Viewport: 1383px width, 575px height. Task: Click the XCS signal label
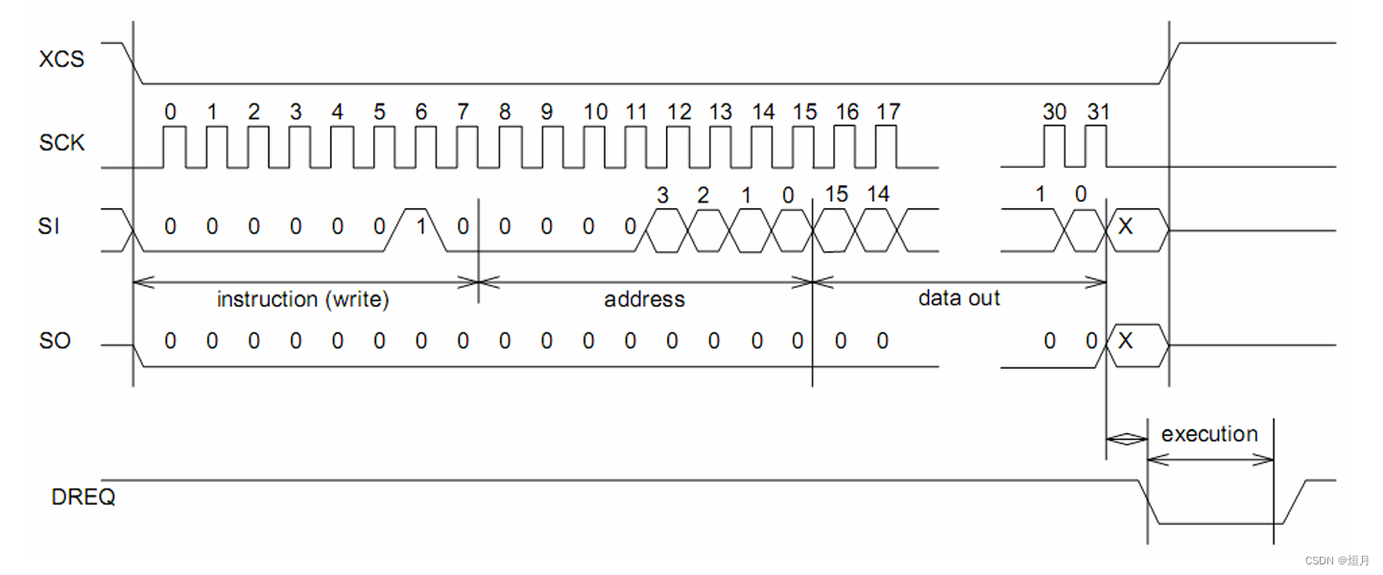point(61,60)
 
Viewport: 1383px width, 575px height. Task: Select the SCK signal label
point(61,143)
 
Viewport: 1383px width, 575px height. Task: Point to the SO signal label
point(55,341)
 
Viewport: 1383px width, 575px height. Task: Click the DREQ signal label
point(83,497)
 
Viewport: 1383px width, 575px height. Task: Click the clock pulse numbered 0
point(171,144)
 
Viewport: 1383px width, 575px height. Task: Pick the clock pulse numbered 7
point(464,144)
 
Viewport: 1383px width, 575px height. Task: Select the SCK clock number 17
point(888,112)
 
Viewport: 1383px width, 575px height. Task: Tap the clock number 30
point(1054,112)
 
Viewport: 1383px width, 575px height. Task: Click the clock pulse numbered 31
point(1097,144)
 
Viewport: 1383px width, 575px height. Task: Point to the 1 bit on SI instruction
point(420,227)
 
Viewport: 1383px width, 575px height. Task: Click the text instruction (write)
point(303,299)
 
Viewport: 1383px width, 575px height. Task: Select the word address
point(644,299)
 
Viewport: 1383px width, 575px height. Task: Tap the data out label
point(959,298)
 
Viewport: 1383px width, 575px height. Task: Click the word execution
point(1209,434)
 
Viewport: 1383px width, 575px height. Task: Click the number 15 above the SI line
point(836,195)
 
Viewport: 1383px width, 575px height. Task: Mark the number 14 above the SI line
point(878,195)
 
